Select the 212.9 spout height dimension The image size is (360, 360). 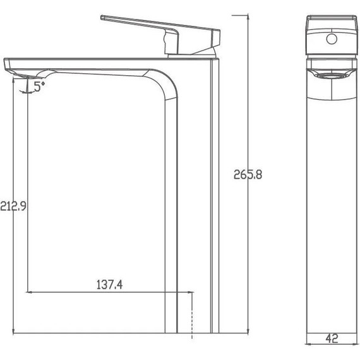[x=13, y=205]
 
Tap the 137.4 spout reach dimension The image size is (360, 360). [x=110, y=285]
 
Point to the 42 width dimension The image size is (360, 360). [x=330, y=339]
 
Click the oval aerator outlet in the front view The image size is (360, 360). [x=330, y=75]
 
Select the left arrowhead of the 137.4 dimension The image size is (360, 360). [x=28, y=292]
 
